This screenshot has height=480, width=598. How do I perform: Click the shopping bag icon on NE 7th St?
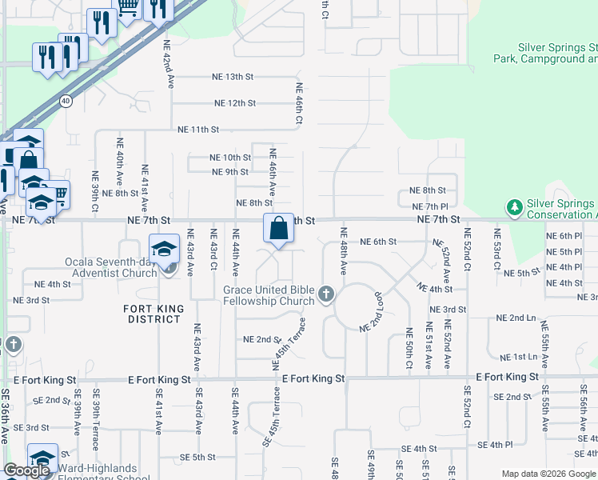[x=277, y=229]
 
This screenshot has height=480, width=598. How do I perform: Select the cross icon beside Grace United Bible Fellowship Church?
[x=325, y=295]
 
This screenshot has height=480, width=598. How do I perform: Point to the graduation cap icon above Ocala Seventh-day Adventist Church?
[x=164, y=248]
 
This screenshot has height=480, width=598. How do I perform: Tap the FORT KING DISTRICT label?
[x=153, y=314]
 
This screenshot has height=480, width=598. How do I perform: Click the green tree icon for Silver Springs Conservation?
[x=514, y=208]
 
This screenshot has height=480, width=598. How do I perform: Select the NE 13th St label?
[x=233, y=77]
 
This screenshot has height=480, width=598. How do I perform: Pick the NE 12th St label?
[x=235, y=103]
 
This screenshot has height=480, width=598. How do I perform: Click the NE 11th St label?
[x=198, y=129]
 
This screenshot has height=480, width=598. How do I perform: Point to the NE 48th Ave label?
[x=343, y=251]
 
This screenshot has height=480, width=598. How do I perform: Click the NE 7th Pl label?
[x=422, y=207]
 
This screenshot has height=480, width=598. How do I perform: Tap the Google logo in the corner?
[x=26, y=470]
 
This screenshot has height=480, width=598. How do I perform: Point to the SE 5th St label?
[x=198, y=457]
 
